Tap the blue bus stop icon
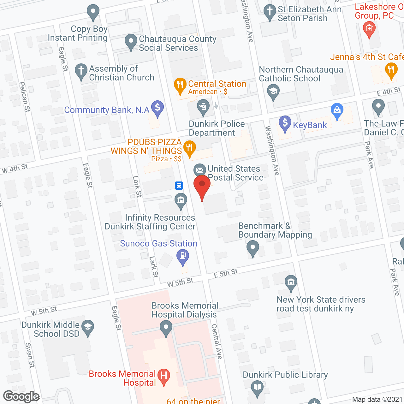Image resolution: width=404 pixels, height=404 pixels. pyautogui.click(x=179, y=185)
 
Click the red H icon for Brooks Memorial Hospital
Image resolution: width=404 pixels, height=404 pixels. pyautogui.click(x=164, y=376)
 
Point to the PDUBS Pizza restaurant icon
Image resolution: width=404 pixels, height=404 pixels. pyautogui.click(x=189, y=147)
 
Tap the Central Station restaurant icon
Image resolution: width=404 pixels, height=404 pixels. pyautogui.click(x=180, y=85)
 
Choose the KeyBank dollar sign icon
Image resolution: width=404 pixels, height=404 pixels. pyautogui.click(x=285, y=122)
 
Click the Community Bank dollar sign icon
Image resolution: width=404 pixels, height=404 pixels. pyautogui.click(x=157, y=107)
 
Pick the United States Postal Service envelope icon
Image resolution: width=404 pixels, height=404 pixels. pyautogui.click(x=199, y=170)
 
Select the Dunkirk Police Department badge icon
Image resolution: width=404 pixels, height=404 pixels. pyautogui.click(x=203, y=106)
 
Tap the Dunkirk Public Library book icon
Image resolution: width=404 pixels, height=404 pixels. pyautogui.click(x=257, y=387)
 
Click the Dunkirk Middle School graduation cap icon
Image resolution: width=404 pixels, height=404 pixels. pyautogui.click(x=88, y=327)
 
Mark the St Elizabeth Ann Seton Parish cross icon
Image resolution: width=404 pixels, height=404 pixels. pyautogui.click(x=270, y=11)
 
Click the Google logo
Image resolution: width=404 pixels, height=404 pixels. pyautogui.click(x=21, y=396)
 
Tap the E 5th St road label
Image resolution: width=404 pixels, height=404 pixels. pyautogui.click(x=226, y=273)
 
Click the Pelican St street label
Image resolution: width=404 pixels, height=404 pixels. pyautogui.click(x=25, y=97)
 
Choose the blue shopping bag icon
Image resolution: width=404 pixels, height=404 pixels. pyautogui.click(x=337, y=110)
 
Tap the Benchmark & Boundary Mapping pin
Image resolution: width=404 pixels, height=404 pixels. pyautogui.click(x=252, y=248)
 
